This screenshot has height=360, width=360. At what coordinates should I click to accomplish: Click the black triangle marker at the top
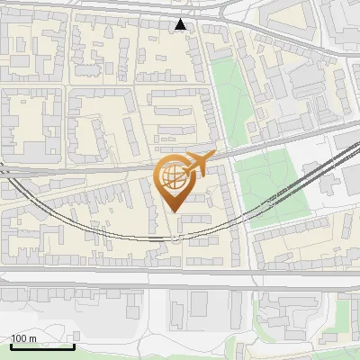tap(182, 24)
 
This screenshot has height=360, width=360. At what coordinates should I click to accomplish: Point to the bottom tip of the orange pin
tap(173, 211)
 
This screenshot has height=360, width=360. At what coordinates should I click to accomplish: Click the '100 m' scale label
tap(24, 338)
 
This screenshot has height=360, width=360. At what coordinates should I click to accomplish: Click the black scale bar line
tap(41, 346)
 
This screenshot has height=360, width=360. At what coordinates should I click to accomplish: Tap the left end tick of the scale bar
tap(10, 345)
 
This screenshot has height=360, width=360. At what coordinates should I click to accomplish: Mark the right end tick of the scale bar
tap(74, 345)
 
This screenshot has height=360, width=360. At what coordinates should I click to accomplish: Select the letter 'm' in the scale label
tap(32, 338)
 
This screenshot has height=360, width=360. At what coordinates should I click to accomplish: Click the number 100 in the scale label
tap(19, 338)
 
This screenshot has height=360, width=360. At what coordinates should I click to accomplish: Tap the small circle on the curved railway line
tap(178, 238)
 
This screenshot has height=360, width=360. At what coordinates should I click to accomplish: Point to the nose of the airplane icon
tap(215, 157)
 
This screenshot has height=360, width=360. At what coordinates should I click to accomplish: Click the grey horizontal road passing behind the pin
tap(90, 167)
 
